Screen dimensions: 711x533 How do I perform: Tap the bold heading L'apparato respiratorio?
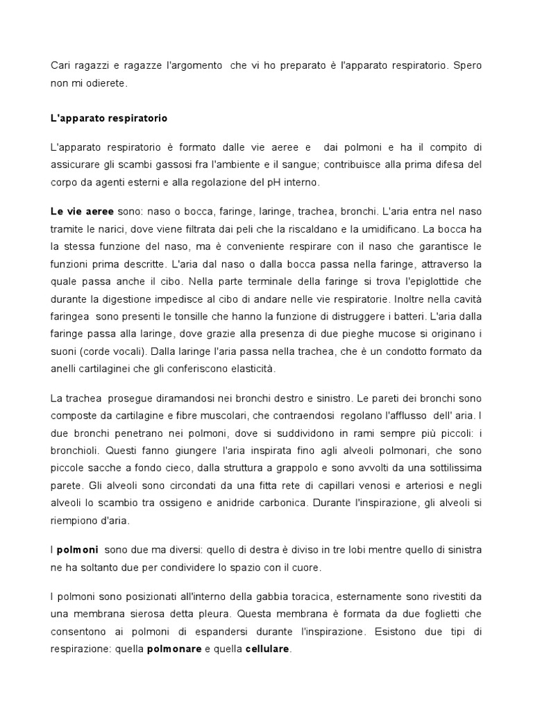tap(109, 118)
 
